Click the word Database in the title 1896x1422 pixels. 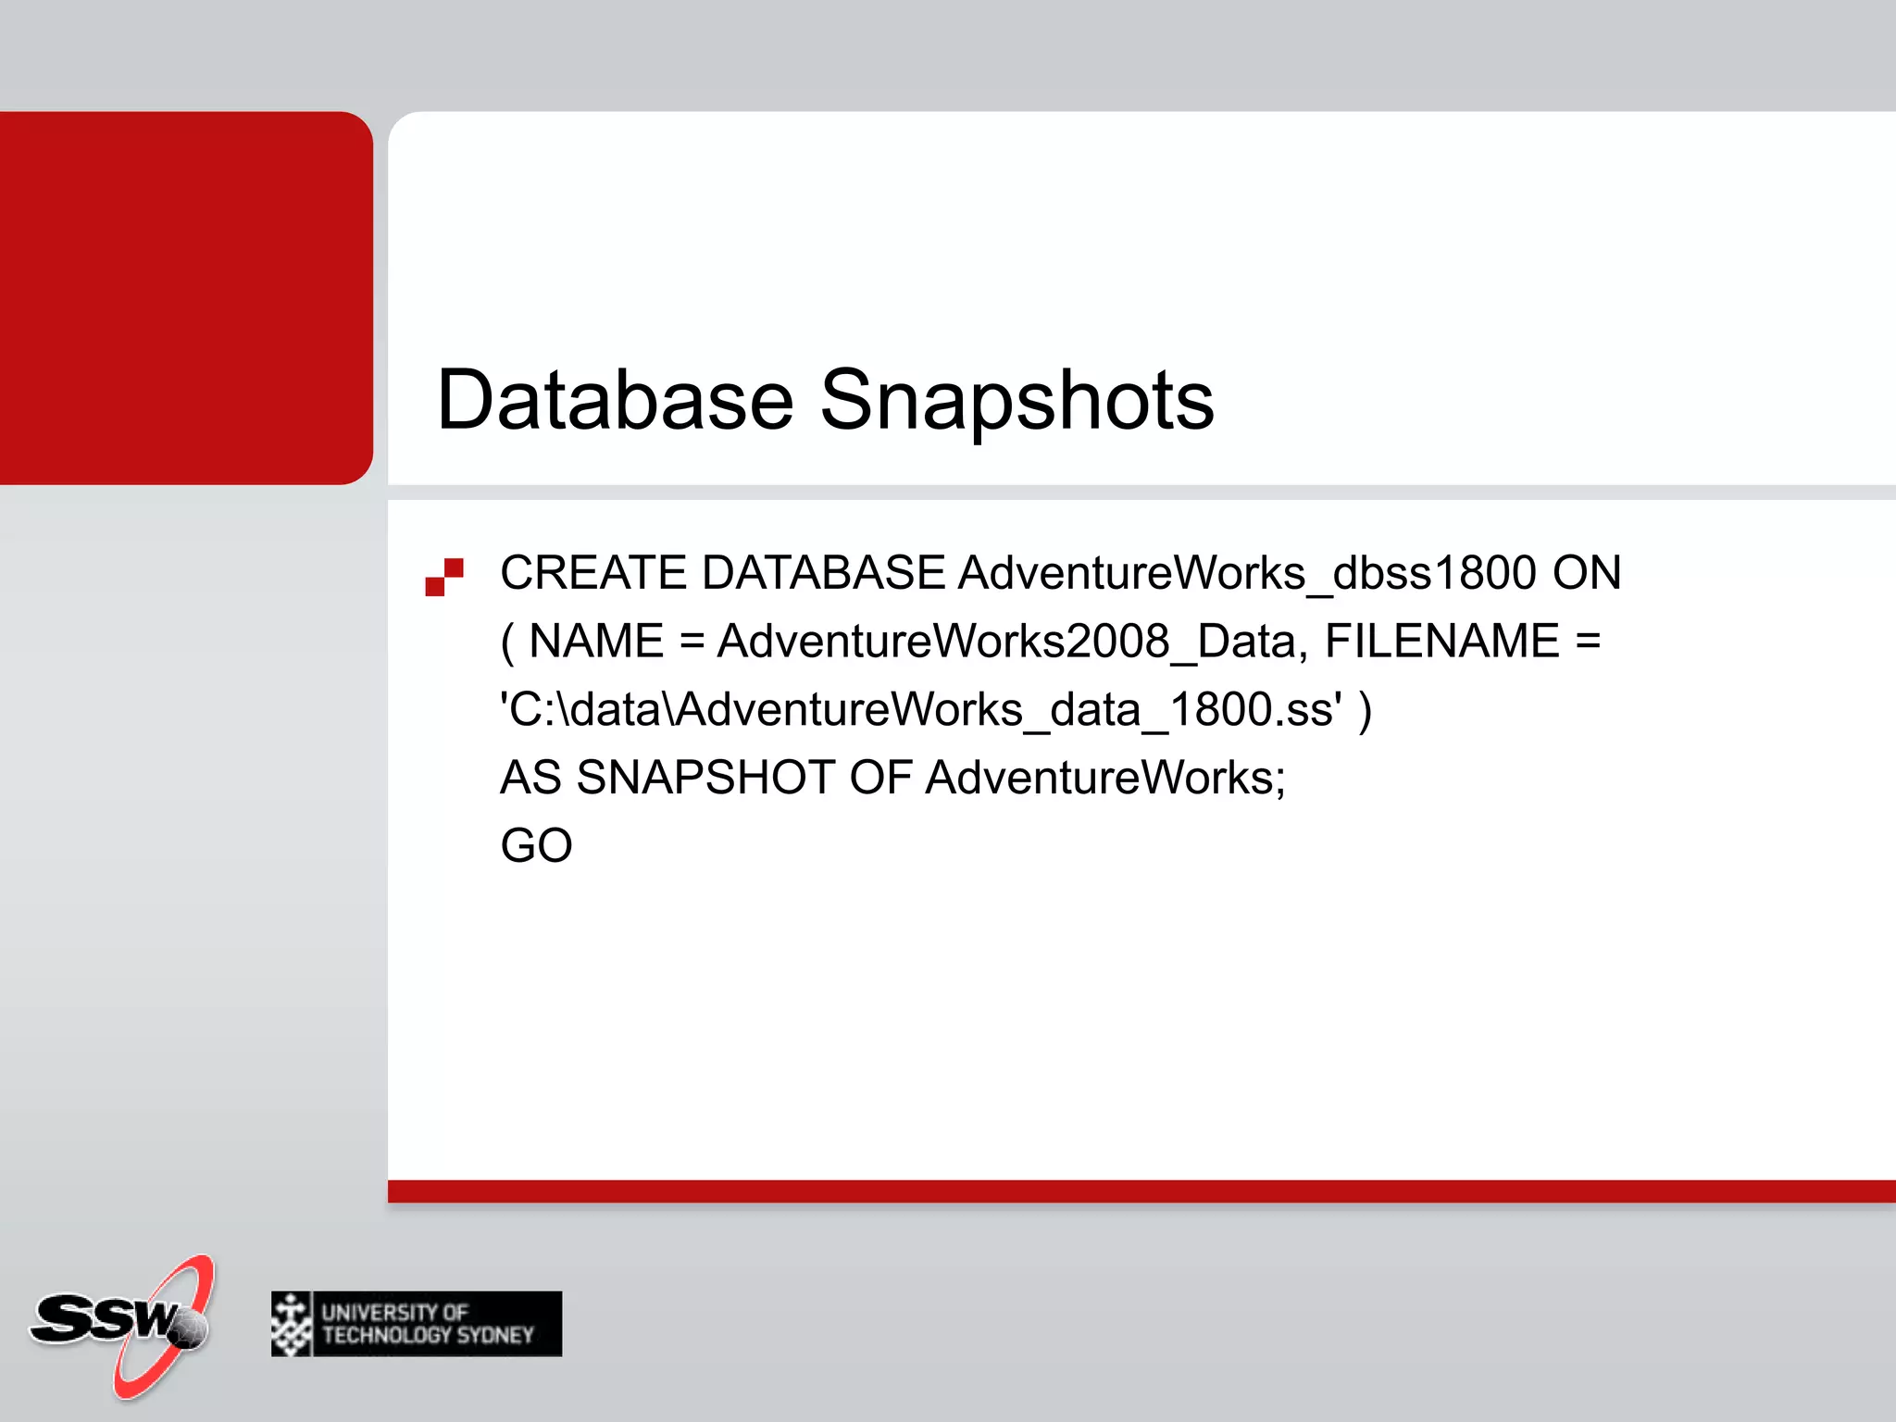(x=615, y=400)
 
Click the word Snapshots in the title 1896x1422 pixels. (x=1017, y=400)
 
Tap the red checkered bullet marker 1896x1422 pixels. (x=444, y=577)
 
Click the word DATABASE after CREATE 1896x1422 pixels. (x=823, y=573)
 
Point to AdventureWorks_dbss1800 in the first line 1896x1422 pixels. (x=1246, y=573)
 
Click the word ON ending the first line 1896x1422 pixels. (x=1586, y=573)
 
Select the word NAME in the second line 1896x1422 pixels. (x=596, y=642)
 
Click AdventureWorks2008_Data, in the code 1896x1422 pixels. (x=1012, y=642)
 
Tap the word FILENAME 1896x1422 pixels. (x=1441, y=642)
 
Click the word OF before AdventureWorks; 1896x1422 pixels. (x=880, y=778)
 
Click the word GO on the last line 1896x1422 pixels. (x=536, y=846)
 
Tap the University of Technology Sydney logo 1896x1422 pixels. (x=417, y=1324)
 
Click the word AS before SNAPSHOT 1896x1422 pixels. (x=530, y=778)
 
